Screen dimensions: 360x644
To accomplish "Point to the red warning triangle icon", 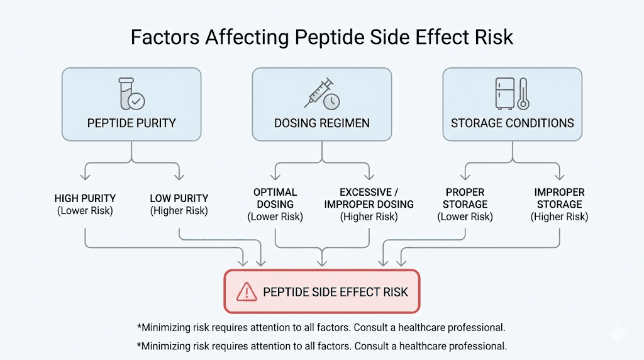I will pyautogui.click(x=246, y=291).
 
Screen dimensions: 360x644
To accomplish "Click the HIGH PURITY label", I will pyautogui.click(x=85, y=199).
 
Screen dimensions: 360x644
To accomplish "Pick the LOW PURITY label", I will pyautogui.click(x=179, y=199).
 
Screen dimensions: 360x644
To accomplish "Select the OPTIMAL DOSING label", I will pyautogui.click(x=275, y=198).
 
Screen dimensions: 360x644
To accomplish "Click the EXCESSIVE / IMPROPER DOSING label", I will pyautogui.click(x=369, y=198).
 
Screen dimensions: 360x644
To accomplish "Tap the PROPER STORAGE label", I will pyautogui.click(x=465, y=198).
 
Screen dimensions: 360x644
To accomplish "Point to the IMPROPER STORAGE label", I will pyautogui.click(x=559, y=198).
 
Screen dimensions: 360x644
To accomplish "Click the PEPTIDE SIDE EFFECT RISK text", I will pyautogui.click(x=335, y=292).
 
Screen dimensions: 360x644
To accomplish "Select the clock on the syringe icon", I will pyautogui.click(x=331, y=101).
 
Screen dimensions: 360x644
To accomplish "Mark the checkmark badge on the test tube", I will pyautogui.click(x=136, y=100).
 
